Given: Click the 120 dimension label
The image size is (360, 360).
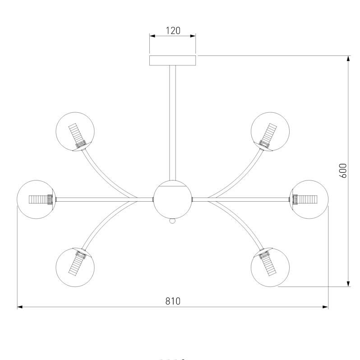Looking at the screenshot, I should (173, 31).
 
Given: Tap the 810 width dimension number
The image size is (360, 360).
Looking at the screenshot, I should (172, 301).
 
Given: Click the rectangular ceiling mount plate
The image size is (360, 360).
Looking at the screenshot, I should (173, 60).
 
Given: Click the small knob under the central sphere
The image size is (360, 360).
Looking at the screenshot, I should (172, 222).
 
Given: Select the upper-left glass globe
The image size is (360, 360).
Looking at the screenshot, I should (75, 131).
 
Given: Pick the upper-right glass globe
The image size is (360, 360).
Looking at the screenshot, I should (270, 131).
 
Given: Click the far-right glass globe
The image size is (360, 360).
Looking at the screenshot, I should (309, 199).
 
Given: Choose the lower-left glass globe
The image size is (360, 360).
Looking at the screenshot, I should (75, 267).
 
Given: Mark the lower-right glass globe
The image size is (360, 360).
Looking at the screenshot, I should (270, 267).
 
